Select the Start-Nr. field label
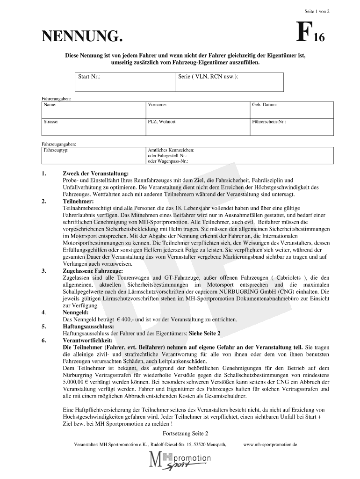(x=89, y=75)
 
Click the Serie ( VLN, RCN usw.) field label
(x=208, y=75)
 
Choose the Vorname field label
(x=158, y=105)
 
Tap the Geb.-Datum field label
(x=265, y=105)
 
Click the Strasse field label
(x=51, y=121)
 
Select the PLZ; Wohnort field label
(x=162, y=121)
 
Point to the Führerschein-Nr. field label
(x=269, y=121)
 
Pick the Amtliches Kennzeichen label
(x=171, y=150)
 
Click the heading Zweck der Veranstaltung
(x=95, y=174)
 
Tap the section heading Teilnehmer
(x=79, y=201)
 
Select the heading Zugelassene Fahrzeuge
(x=93, y=270)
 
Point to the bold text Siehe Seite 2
(x=204, y=334)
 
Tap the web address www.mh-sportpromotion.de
(x=270, y=444)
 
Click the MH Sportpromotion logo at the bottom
(x=180, y=461)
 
